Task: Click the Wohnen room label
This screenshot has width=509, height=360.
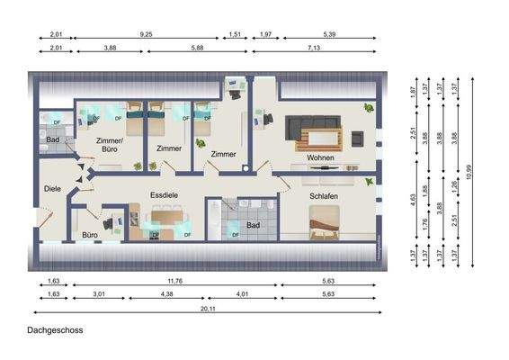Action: [320, 158]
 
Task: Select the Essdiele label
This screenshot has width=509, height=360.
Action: [166, 193]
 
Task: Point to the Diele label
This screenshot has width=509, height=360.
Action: [52, 188]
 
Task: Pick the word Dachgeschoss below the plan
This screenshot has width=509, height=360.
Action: [55, 330]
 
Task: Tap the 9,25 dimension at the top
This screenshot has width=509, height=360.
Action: [146, 32]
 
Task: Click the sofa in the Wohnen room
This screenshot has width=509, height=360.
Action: [314, 126]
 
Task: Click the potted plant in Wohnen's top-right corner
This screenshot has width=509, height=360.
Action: [369, 108]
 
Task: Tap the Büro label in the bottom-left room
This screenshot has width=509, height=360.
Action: [90, 235]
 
